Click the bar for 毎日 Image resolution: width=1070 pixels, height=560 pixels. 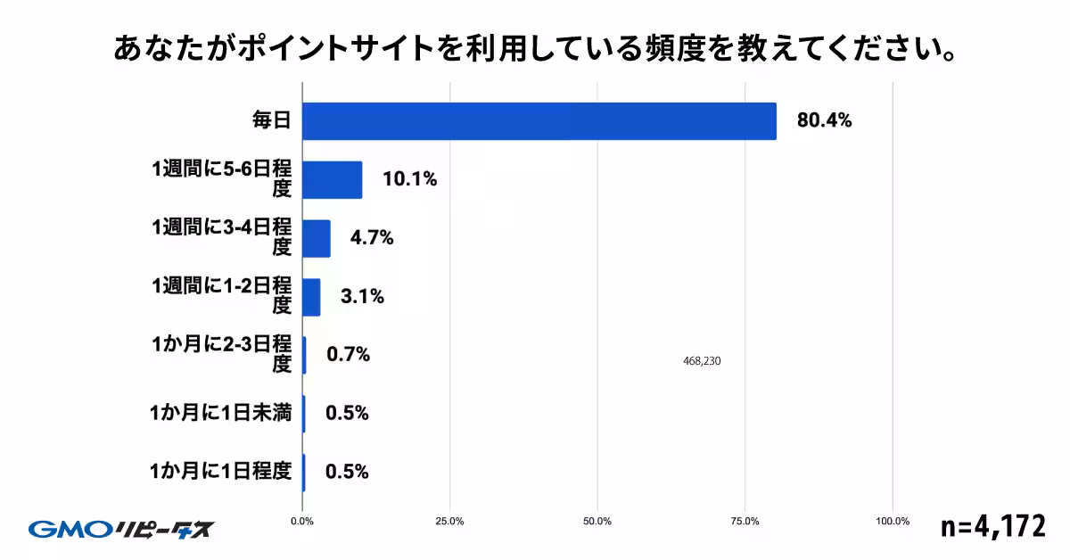click(539, 120)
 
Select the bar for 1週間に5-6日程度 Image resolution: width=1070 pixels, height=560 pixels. click(332, 179)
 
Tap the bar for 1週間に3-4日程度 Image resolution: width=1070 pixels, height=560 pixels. click(317, 238)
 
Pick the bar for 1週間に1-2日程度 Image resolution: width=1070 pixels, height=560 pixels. click(311, 297)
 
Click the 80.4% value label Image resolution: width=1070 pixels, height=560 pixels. click(824, 120)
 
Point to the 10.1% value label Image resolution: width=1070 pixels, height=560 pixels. click(409, 179)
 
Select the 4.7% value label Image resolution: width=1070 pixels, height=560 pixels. click(372, 238)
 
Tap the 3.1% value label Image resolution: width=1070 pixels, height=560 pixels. click(362, 297)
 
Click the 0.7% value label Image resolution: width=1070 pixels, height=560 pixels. click(348, 355)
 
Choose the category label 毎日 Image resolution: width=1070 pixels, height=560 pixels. click(271, 120)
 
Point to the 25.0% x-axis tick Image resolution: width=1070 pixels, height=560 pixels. click(449, 522)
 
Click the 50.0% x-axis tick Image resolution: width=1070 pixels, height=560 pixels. click(597, 522)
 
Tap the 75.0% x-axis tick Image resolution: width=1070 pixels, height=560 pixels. click(745, 522)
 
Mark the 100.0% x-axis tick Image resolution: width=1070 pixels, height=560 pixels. click(893, 522)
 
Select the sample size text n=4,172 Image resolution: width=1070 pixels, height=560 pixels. click(992, 526)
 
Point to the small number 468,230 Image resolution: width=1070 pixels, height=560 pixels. click(700, 361)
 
